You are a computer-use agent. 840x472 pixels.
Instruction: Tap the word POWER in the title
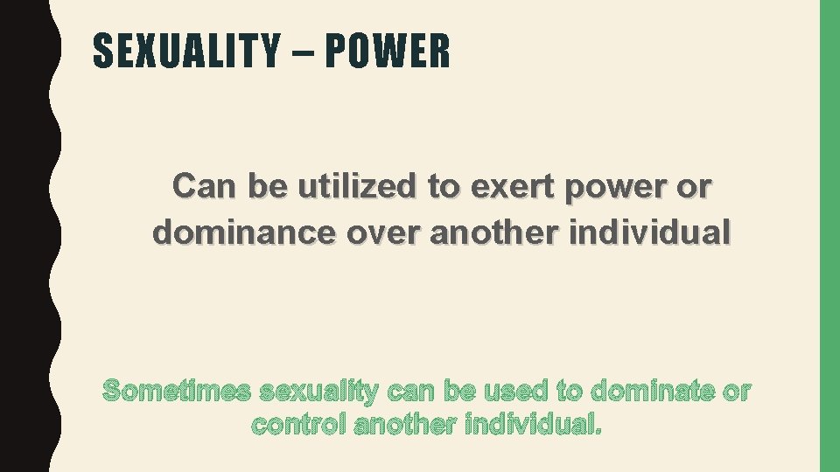388,52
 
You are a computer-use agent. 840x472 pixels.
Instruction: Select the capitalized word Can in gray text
205,187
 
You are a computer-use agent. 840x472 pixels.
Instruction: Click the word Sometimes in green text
177,392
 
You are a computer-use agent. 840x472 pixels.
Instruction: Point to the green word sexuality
318,392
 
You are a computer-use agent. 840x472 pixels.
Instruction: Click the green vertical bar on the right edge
829,236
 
